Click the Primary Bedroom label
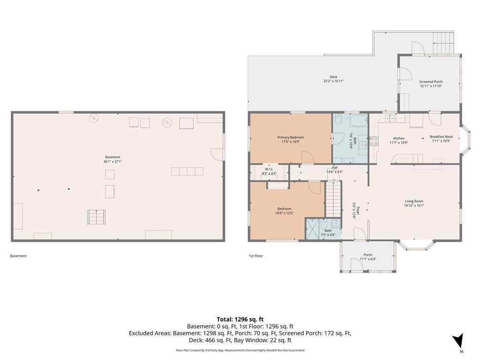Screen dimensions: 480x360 coord(291,137)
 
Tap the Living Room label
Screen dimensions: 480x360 coord(414,201)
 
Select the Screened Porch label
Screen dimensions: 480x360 coord(431,82)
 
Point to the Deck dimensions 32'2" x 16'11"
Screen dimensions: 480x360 coord(333,81)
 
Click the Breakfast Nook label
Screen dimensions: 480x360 coord(441,137)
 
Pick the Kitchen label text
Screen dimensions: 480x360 coord(398,138)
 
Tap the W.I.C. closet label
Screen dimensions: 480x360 coord(269,169)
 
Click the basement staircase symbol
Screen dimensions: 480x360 coord(97,217)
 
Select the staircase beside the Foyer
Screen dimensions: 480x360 coord(333,199)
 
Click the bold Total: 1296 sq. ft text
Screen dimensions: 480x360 coord(240,320)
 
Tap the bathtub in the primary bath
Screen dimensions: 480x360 coord(359,121)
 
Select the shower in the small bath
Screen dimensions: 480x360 coord(313,229)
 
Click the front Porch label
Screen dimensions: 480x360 coord(367,255)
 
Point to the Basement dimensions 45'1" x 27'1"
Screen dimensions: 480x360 coord(112,161)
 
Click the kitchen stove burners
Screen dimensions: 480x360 coord(374,141)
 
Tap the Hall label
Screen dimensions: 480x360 coord(335,168)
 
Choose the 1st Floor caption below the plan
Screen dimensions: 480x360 coord(255,256)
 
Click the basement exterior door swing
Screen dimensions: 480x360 coord(217,154)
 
